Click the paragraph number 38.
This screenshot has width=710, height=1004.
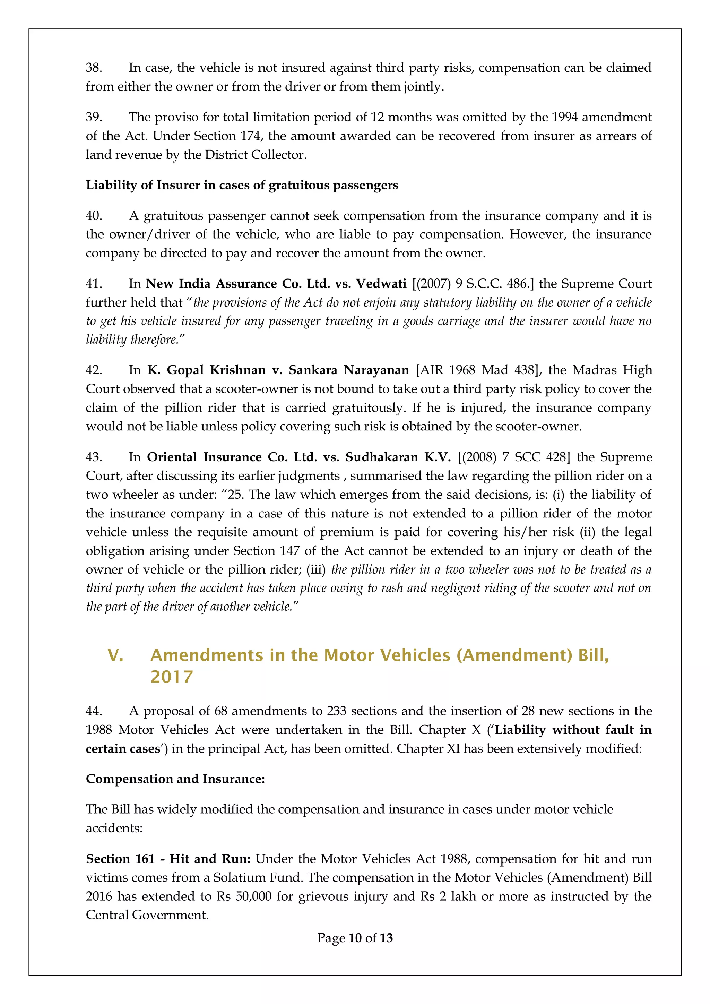point(94,68)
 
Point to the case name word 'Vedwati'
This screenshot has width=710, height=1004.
point(381,283)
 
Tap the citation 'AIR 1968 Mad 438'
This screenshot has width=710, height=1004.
point(478,370)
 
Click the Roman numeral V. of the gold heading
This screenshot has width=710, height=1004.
point(115,655)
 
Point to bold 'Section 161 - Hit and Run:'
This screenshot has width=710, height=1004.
point(168,859)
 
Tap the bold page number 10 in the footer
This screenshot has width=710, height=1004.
point(355,938)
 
